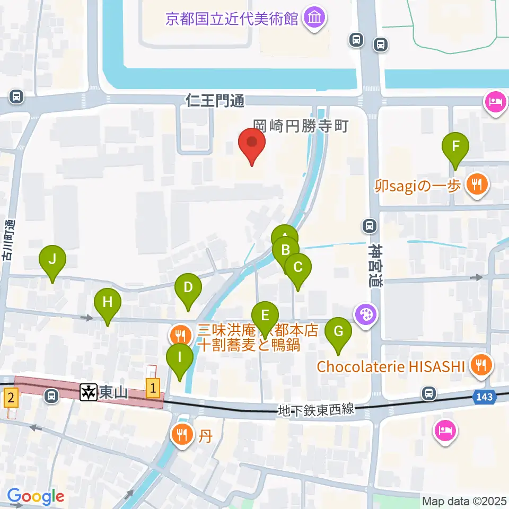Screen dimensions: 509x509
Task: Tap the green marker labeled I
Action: pyautogui.click(x=180, y=357)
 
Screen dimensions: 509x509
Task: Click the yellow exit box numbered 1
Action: pyautogui.click(x=153, y=389)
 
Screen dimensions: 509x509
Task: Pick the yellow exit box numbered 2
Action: pyautogui.click(x=11, y=396)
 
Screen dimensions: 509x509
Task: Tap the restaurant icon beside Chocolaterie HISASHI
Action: pyautogui.click(x=481, y=365)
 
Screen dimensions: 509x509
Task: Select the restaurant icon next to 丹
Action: pyautogui.click(x=182, y=435)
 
